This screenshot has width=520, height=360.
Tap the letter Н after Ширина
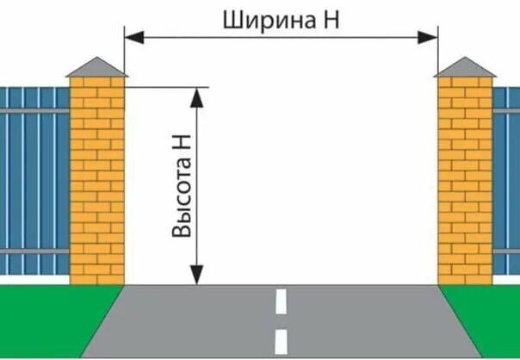[x=330, y=20]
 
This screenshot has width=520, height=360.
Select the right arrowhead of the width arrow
[x=431, y=36]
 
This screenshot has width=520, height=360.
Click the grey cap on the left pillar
[x=96, y=66]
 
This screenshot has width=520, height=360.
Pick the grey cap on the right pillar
[x=465, y=67]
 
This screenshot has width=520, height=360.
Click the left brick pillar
[x=96, y=181]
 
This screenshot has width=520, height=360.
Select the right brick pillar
[x=465, y=181]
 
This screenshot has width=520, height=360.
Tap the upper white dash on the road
[x=281, y=301]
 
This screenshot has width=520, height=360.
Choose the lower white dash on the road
[x=281, y=341]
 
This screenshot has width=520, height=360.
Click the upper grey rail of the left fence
[x=34, y=111]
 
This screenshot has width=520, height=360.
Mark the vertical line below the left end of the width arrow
[x=126, y=60]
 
